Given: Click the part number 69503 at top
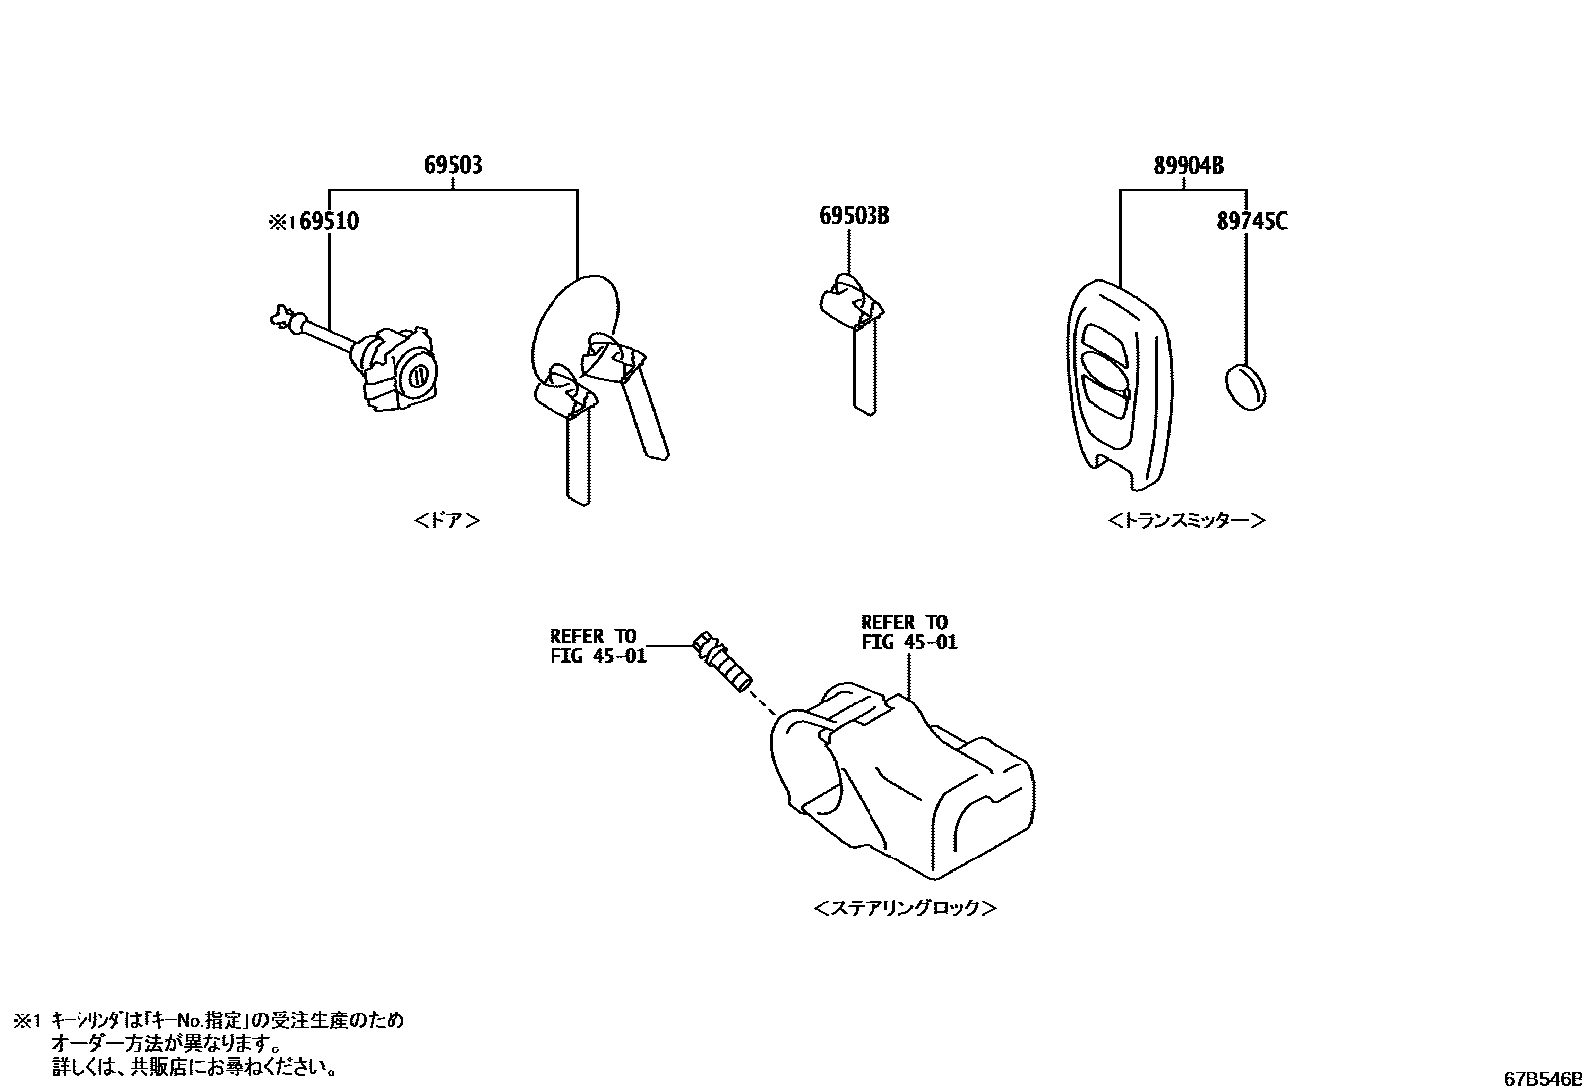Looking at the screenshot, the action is coord(453,165).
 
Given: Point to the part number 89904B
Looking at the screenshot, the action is coord(1188,166).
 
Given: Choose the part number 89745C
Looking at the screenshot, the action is coord(1251,221).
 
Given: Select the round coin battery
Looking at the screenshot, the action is coord(1246,387).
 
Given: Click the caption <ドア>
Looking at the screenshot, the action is coord(446,521).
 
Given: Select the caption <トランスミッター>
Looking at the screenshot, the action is coord(1186,520).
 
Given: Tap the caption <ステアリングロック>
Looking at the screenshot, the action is coord(904,908).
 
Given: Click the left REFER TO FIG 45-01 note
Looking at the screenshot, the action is coord(598,646).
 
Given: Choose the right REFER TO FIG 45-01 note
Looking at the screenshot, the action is coord(908,632).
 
